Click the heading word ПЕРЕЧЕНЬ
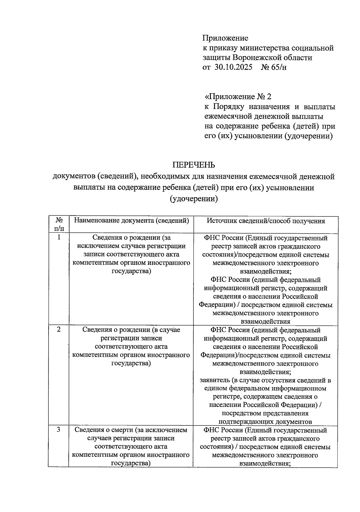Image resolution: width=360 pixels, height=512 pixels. click(193, 165)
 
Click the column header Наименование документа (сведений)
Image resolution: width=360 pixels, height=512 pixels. click(131, 221)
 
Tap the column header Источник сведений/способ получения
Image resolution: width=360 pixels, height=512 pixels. click(266, 221)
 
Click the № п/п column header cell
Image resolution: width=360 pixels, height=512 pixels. click(59, 224)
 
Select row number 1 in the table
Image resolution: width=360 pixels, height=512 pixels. click(59, 237)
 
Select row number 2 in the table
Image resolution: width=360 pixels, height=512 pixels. click(59, 329)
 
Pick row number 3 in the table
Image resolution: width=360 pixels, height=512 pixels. click(59, 430)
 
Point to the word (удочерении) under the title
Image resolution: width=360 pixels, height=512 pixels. click(193, 199)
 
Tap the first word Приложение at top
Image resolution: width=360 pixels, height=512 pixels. click(225, 38)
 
